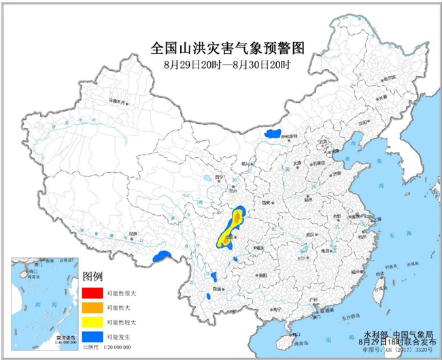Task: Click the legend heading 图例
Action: (92, 276)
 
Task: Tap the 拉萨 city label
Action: (124, 235)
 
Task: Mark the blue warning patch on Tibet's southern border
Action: (162, 255)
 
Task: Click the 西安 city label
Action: (265, 202)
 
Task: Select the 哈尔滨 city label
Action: (388, 80)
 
